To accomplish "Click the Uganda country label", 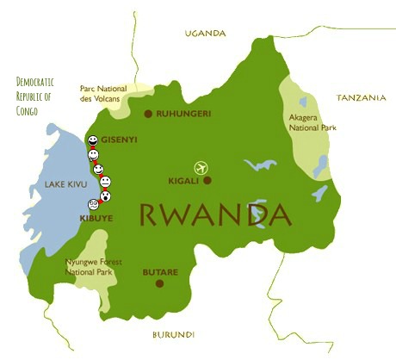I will pyautogui.click(x=205, y=33).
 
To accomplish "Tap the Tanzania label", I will pyautogui.click(x=361, y=98).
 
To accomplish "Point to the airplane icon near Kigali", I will pyautogui.click(x=202, y=165).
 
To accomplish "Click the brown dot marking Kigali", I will pyautogui.click(x=207, y=181).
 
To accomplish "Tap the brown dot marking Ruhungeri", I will pyautogui.click(x=148, y=114).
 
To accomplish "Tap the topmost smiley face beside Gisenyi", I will pyautogui.click(x=92, y=140).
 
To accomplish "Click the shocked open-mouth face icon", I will pyautogui.click(x=103, y=196).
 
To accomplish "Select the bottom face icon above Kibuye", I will pyautogui.click(x=93, y=204).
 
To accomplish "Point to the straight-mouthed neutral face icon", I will pyautogui.click(x=105, y=183).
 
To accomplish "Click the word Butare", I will pyautogui.click(x=160, y=272).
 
